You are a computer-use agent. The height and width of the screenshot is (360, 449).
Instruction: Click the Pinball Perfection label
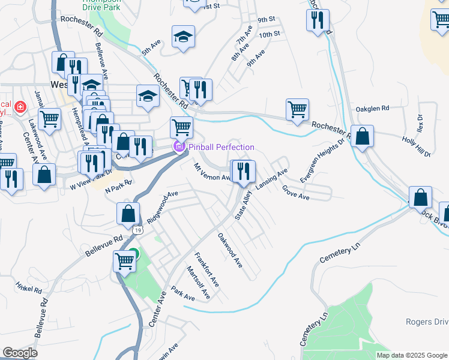click(x=221, y=147)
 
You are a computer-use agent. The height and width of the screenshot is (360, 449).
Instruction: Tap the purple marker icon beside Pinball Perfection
click(x=179, y=147)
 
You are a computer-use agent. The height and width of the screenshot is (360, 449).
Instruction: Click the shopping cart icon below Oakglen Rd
click(x=297, y=110)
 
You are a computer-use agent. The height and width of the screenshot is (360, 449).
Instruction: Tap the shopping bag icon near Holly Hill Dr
click(x=363, y=136)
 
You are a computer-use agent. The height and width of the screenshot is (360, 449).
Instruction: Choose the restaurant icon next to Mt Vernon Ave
click(x=244, y=171)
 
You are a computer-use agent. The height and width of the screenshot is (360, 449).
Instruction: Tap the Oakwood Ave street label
click(x=230, y=250)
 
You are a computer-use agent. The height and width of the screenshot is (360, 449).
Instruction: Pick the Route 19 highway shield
click(x=139, y=230)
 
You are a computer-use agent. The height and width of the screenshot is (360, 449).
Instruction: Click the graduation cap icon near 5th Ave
click(x=184, y=37)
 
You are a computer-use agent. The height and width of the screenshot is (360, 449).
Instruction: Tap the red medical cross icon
click(x=20, y=107)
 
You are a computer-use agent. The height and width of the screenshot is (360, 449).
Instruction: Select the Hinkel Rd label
click(x=29, y=289)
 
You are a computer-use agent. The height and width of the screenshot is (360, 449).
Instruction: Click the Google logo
click(x=20, y=353)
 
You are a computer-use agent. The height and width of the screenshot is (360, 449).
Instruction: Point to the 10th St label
click(x=270, y=34)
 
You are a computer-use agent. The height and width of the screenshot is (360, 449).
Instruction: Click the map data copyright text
click(x=412, y=355)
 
